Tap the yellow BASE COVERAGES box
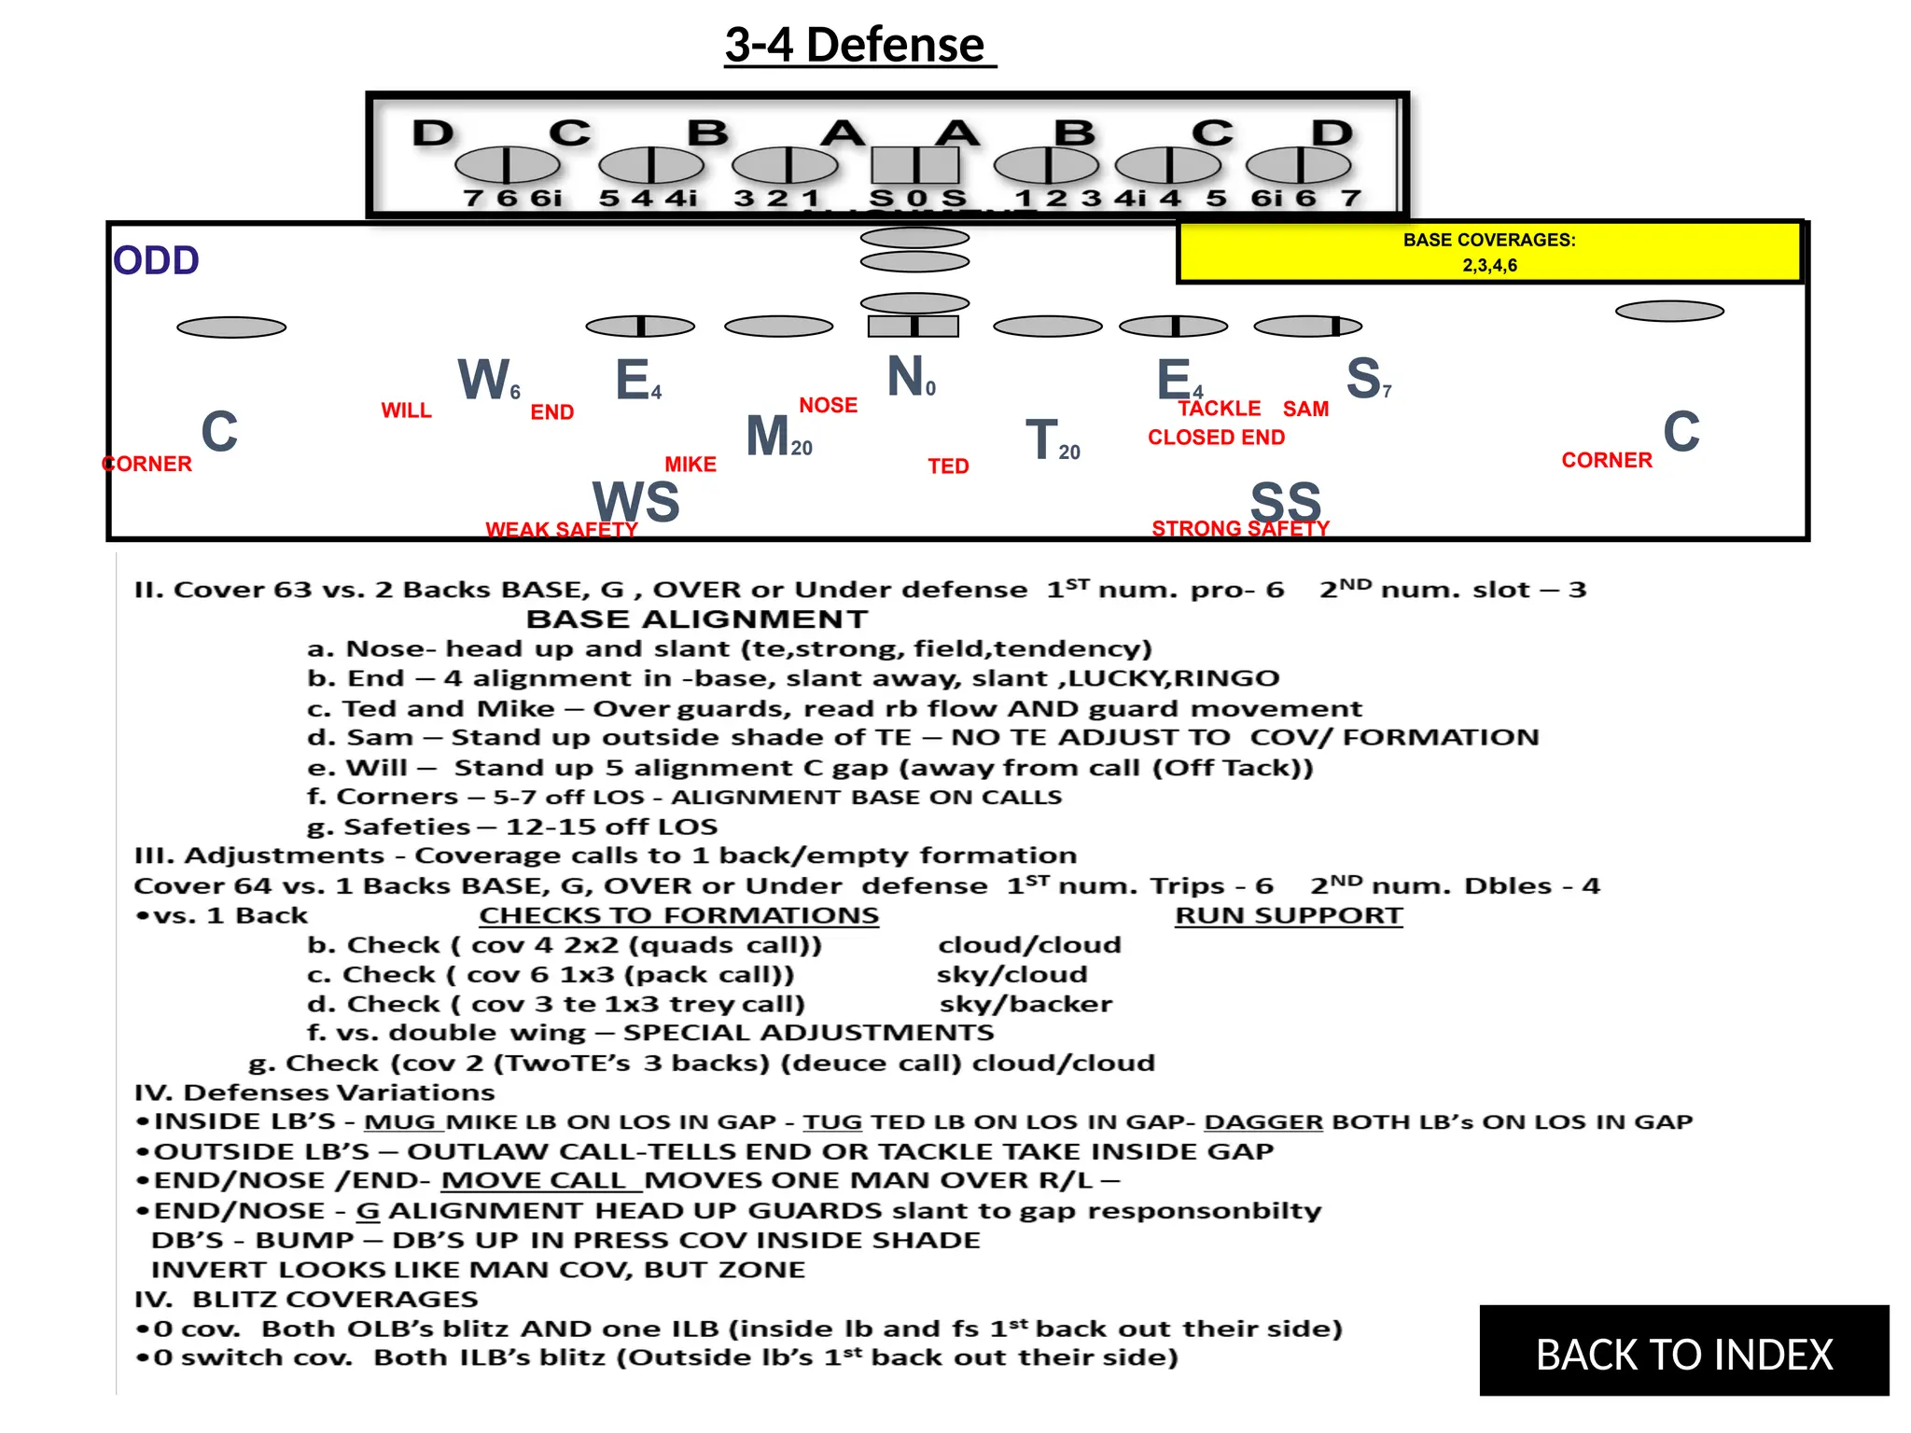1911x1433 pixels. pyautogui.click(x=1489, y=252)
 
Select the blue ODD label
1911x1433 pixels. pyautogui.click(x=156, y=260)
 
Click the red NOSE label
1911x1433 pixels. pyautogui.click(x=828, y=405)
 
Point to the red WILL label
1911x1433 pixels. pyautogui.click(x=406, y=410)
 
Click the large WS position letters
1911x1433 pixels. pyautogui.click(x=635, y=501)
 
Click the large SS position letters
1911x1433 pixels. pyautogui.click(x=1286, y=501)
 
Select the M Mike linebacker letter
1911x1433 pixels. pyautogui.click(x=768, y=436)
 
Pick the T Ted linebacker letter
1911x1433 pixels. pyautogui.click(x=1041, y=439)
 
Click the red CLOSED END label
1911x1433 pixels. pyautogui.click(x=1216, y=438)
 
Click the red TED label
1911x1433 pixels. pyautogui.click(x=948, y=466)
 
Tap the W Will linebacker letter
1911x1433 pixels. pyautogui.click(x=483, y=380)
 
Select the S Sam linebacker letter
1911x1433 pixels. pyautogui.click(x=1363, y=378)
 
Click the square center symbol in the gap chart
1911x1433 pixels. pyautogui.click(x=914, y=166)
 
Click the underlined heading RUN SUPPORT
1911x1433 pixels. pyautogui.click(x=1288, y=915)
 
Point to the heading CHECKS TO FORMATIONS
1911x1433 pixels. pyautogui.click(x=678, y=915)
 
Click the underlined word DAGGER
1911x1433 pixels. pyautogui.click(x=1262, y=1121)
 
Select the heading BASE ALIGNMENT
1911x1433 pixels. pyautogui.click(x=696, y=619)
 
